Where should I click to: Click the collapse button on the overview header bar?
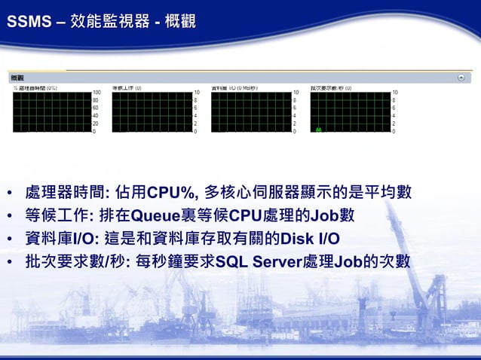[460, 77]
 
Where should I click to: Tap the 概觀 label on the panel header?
[17, 77]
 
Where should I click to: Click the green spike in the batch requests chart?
[319, 130]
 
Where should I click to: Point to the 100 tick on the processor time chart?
[97, 92]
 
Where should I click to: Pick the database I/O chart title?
[234, 87]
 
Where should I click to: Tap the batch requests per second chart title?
[335, 87]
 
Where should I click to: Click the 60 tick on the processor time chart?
[95, 108]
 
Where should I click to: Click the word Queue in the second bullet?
[152, 215]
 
